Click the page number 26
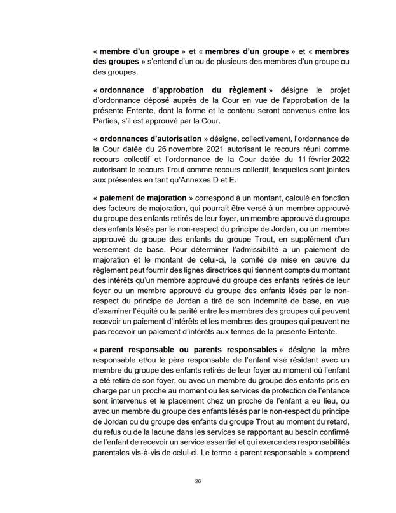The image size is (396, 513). pos(198,481)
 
